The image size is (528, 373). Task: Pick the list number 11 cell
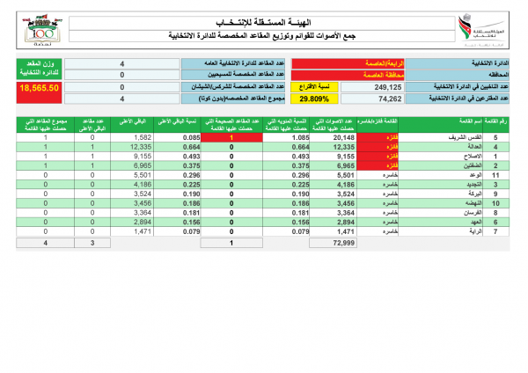coord(495,175)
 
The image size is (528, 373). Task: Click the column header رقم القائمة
coord(495,122)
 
